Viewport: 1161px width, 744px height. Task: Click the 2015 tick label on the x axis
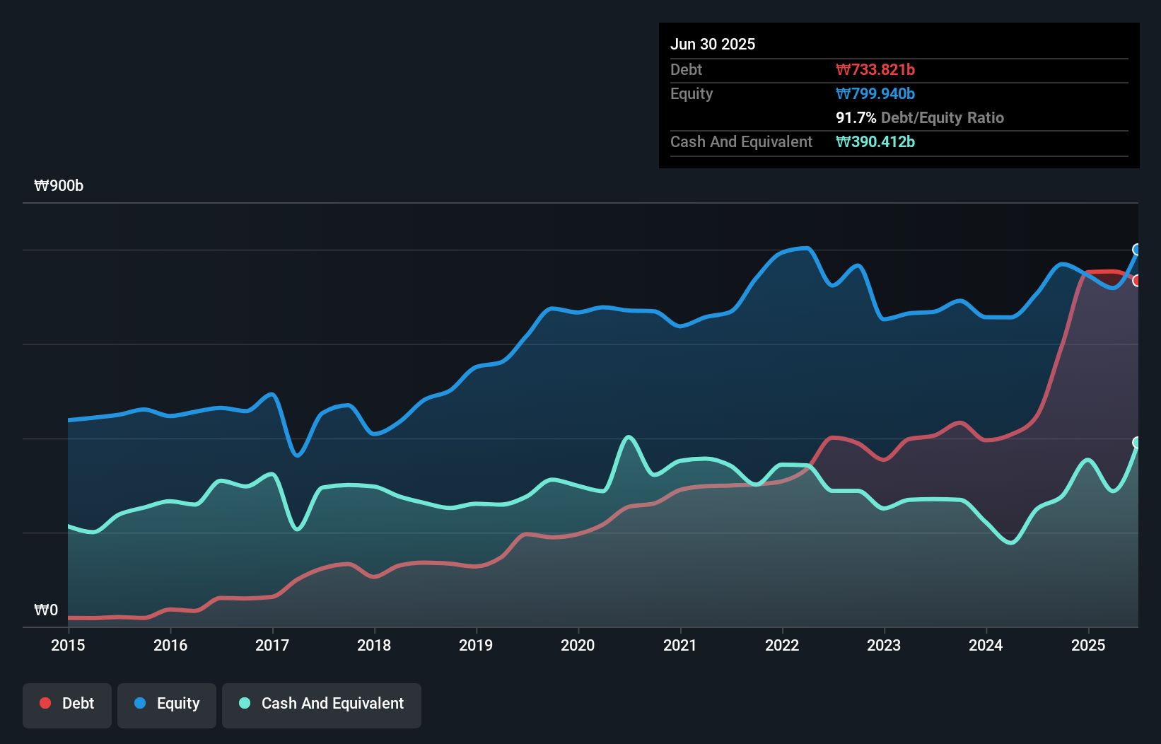(x=68, y=645)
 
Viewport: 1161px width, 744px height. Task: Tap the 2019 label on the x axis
(x=476, y=645)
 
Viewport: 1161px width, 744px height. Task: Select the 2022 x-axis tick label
(x=782, y=645)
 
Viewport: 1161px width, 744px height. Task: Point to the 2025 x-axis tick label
(x=1088, y=645)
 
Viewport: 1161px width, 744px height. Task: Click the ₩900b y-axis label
(x=59, y=186)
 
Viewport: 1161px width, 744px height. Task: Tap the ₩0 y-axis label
(x=46, y=610)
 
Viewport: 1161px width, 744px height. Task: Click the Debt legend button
(x=67, y=704)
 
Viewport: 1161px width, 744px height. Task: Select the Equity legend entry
(x=167, y=704)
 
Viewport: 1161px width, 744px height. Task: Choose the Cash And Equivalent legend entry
(x=322, y=704)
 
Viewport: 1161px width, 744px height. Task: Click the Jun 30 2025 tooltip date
(x=713, y=44)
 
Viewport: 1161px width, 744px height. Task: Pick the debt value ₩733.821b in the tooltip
(x=875, y=69)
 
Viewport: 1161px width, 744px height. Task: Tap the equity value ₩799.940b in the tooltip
(x=875, y=93)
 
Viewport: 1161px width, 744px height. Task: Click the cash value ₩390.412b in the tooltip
(x=875, y=141)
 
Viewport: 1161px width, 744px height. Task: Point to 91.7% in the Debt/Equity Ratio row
(x=856, y=117)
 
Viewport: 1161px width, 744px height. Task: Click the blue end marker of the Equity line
(x=1137, y=250)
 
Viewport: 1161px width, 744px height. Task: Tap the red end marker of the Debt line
(x=1137, y=281)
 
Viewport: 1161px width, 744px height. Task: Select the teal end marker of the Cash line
(x=1137, y=443)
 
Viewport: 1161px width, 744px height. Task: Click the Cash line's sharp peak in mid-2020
(x=629, y=437)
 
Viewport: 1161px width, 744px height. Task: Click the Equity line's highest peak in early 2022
(x=806, y=248)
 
